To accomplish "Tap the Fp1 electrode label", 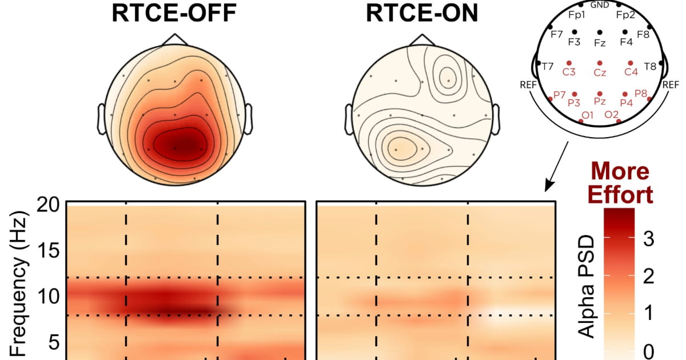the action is pyautogui.click(x=577, y=15).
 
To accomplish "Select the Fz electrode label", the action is pyautogui.click(x=600, y=43).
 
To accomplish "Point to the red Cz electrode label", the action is pyautogui.click(x=600, y=73).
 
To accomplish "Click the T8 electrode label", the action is pyautogui.click(x=650, y=66).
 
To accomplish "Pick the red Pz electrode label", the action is pyautogui.click(x=600, y=101).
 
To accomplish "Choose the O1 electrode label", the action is pyautogui.click(x=587, y=115).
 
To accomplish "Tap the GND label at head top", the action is pyautogui.click(x=600, y=5).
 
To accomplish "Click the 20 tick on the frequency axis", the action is pyautogui.click(x=48, y=205).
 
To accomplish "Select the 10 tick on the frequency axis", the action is pyautogui.click(x=48, y=297).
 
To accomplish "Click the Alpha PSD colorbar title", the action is pyautogui.click(x=587, y=286).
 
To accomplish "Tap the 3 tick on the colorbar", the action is pyautogui.click(x=649, y=238).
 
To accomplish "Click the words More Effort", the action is pyautogui.click(x=620, y=183).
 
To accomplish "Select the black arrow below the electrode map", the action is pyautogui.click(x=556, y=166).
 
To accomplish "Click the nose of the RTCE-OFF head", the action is pyautogui.click(x=175, y=39).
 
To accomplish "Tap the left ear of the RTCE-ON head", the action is pyautogui.click(x=349, y=119).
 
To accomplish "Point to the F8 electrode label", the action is pyautogui.click(x=643, y=34).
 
